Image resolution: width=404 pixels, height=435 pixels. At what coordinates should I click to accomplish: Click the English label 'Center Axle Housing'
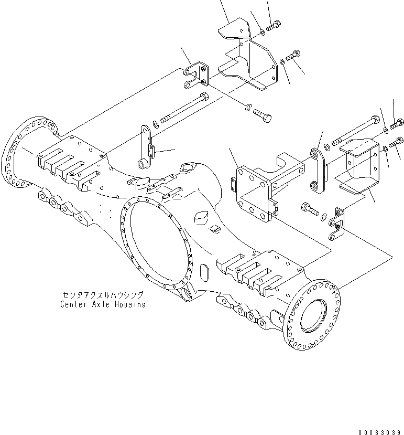(103, 304)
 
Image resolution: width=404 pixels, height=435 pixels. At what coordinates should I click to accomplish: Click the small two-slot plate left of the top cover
(196, 75)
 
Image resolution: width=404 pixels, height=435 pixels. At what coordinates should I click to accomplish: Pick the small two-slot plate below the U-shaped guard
(338, 224)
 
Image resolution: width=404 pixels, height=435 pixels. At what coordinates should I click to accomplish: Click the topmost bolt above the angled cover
(275, 25)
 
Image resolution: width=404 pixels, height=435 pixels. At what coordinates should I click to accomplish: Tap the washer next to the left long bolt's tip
(156, 125)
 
